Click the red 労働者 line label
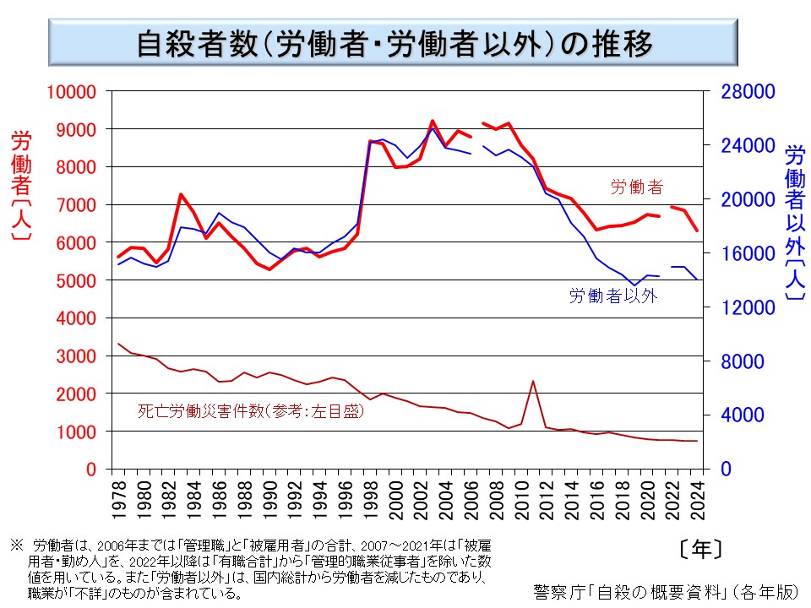pyautogui.click(x=637, y=187)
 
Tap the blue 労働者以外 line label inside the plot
pyautogui.click(x=612, y=296)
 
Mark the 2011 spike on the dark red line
pyautogui.click(x=533, y=381)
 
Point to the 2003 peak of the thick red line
pyautogui.click(x=433, y=121)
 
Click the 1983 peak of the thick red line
pyautogui.click(x=181, y=194)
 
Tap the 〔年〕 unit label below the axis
pyautogui.click(x=700, y=550)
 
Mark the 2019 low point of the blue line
pyautogui.click(x=634, y=285)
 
